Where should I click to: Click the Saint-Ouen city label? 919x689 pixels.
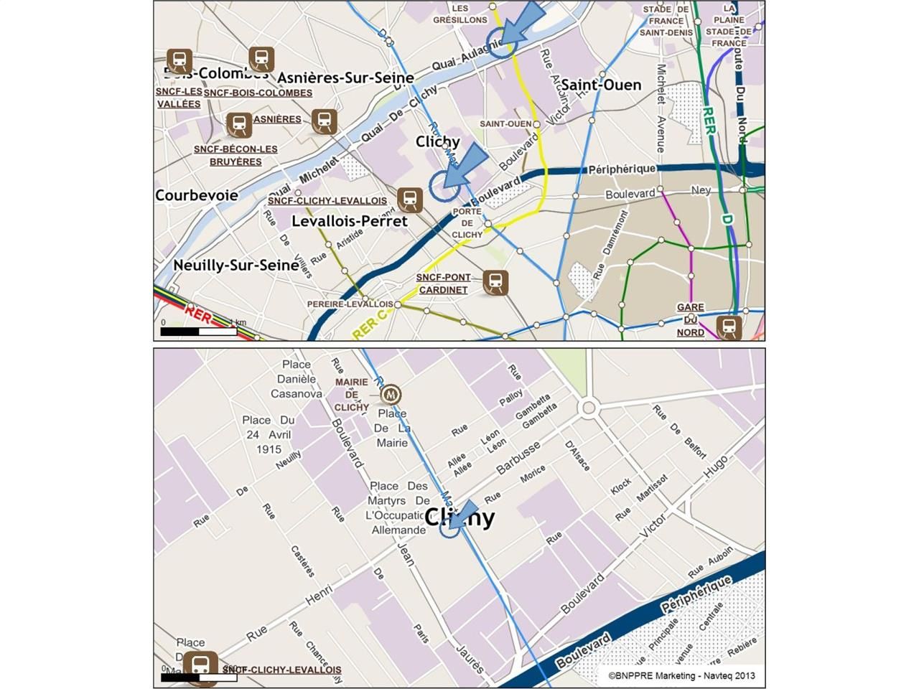pyautogui.click(x=600, y=85)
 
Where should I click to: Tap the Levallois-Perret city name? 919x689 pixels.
pyautogui.click(x=349, y=221)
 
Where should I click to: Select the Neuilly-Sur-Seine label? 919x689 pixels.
pyautogui.click(x=235, y=265)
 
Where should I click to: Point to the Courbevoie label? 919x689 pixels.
pyautogui.click(x=196, y=195)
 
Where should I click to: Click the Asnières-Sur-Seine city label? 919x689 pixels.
pyautogui.click(x=345, y=78)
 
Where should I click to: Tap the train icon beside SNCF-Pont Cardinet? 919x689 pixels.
pyautogui.click(x=495, y=283)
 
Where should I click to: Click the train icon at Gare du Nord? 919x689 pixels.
pyautogui.click(x=729, y=327)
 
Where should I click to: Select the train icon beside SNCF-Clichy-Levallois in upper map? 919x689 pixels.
pyautogui.click(x=410, y=200)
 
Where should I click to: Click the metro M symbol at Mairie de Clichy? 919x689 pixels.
pyautogui.click(x=391, y=395)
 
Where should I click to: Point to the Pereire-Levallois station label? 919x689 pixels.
pyautogui.click(x=350, y=304)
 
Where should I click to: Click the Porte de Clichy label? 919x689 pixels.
pyautogui.click(x=467, y=223)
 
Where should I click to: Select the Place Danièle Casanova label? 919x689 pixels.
pyautogui.click(x=297, y=379)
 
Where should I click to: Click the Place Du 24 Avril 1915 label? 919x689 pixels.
pyautogui.click(x=269, y=434)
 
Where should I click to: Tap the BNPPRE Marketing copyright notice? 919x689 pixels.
pyautogui.click(x=681, y=675)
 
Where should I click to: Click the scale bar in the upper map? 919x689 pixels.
pyautogui.click(x=199, y=332)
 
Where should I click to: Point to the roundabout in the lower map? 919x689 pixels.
pyautogui.click(x=589, y=408)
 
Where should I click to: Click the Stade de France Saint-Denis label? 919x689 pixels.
pyautogui.click(x=666, y=21)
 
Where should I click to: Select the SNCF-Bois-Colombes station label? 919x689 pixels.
pyautogui.click(x=258, y=93)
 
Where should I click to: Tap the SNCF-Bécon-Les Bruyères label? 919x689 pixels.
pyautogui.click(x=235, y=155)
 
